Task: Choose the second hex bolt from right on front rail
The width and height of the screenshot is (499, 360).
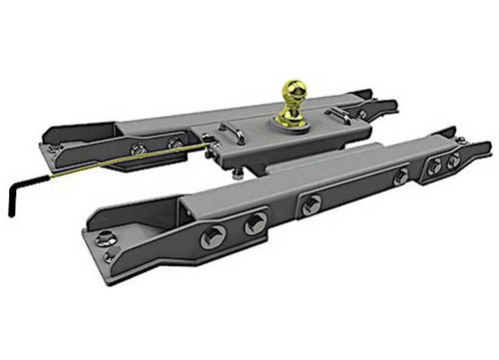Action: (435, 163)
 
